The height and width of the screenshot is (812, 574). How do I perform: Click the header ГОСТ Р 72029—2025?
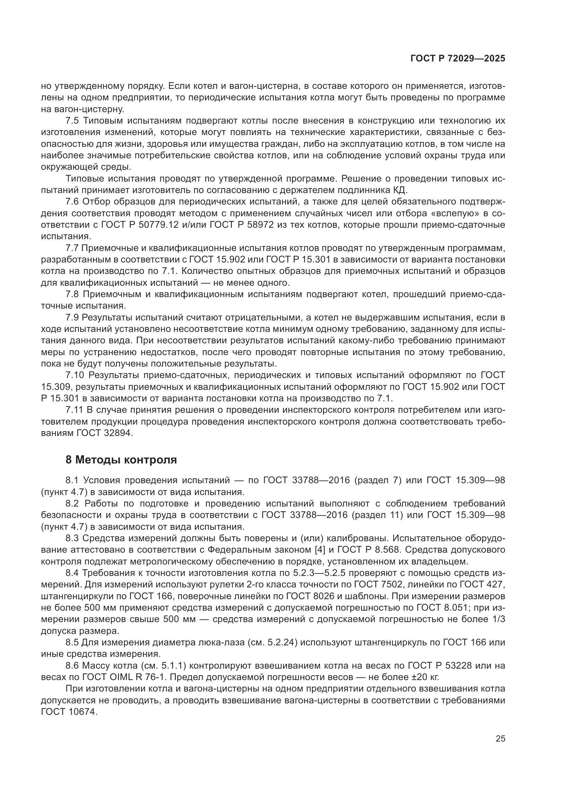458,59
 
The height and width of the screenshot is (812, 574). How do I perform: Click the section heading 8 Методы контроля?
121,460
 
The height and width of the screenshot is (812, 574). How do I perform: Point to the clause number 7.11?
74,410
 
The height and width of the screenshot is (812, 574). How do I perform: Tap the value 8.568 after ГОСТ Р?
388,550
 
